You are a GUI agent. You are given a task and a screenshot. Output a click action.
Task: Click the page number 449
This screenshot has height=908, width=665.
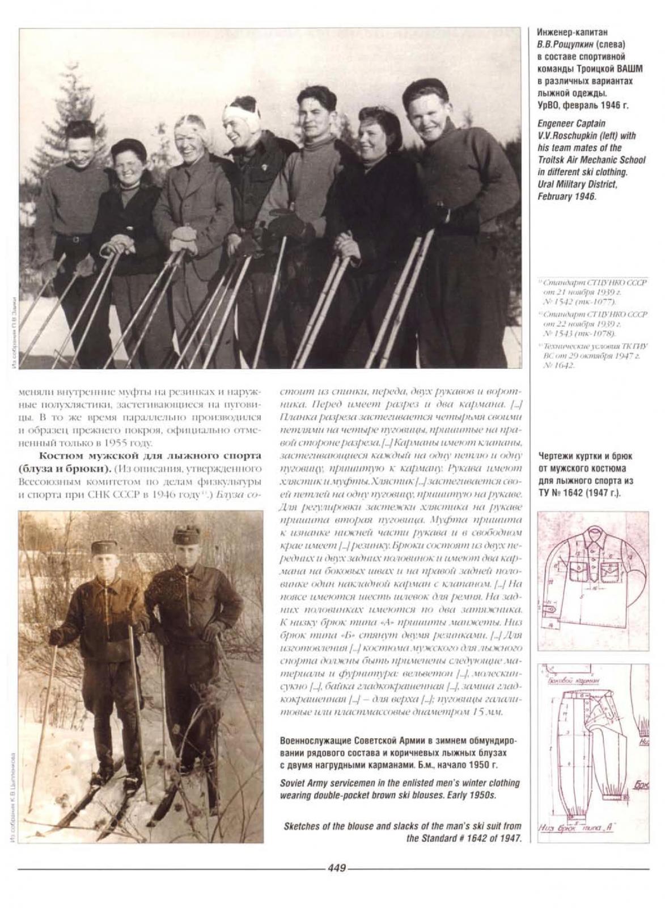336,868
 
